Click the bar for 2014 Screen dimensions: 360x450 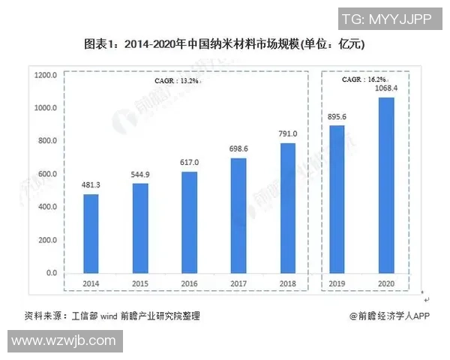(x=91, y=233)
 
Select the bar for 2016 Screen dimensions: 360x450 (x=189, y=222)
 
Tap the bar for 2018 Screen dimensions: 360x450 (x=288, y=208)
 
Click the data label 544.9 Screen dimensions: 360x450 (x=140, y=175)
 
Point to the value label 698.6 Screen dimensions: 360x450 (x=238, y=149)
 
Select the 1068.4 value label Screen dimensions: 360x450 (x=386, y=88)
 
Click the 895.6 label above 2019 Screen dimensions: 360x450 (x=337, y=117)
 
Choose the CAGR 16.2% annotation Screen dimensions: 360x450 (x=364, y=79)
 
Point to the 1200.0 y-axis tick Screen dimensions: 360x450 (x=45, y=75)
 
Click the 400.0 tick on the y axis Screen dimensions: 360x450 (x=47, y=207)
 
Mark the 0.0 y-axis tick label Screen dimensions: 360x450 (x=51, y=273)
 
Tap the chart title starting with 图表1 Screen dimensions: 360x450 (x=224, y=45)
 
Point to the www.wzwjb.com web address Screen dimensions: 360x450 (x=64, y=341)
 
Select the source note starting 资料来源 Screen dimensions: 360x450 (x=112, y=316)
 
